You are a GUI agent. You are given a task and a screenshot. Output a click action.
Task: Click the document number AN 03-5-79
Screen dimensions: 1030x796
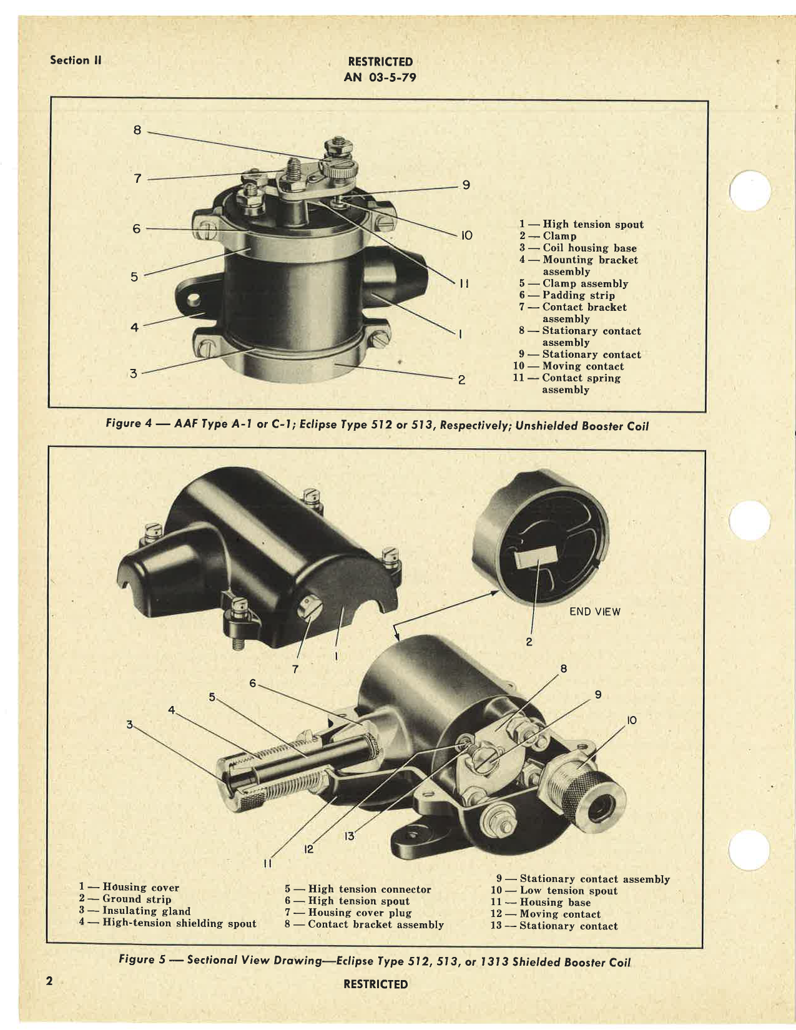point(380,77)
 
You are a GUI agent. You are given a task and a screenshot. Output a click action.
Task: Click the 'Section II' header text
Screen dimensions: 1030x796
point(76,61)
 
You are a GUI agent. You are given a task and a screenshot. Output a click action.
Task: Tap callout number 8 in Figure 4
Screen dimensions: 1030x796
point(137,130)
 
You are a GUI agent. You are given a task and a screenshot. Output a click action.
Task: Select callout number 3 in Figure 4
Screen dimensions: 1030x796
point(133,374)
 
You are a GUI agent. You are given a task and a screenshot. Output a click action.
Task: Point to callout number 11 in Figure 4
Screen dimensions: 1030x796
point(464,284)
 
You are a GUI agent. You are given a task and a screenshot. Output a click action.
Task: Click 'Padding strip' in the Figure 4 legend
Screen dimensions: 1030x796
point(578,295)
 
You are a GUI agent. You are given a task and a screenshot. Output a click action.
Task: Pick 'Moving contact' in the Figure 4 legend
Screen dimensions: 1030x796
point(582,366)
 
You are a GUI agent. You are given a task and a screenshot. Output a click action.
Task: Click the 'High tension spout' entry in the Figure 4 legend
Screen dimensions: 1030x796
point(592,225)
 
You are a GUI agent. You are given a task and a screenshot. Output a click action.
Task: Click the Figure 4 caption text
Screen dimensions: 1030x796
point(377,425)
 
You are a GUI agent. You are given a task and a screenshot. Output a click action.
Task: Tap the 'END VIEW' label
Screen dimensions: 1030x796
point(594,612)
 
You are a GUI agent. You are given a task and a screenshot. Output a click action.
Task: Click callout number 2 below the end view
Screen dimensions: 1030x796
point(529,642)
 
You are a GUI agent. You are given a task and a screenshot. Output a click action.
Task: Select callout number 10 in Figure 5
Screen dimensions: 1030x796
point(631,720)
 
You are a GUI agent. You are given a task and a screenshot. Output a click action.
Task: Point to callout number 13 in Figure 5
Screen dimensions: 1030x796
point(349,836)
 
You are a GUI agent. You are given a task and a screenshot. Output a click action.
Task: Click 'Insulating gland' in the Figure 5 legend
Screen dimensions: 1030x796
point(146,911)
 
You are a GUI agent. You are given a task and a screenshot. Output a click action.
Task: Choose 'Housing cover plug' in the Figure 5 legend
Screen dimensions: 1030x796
point(360,913)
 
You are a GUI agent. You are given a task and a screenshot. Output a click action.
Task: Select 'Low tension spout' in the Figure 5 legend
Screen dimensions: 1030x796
point(568,891)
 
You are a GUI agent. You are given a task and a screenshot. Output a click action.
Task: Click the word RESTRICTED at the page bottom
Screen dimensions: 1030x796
point(375,984)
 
